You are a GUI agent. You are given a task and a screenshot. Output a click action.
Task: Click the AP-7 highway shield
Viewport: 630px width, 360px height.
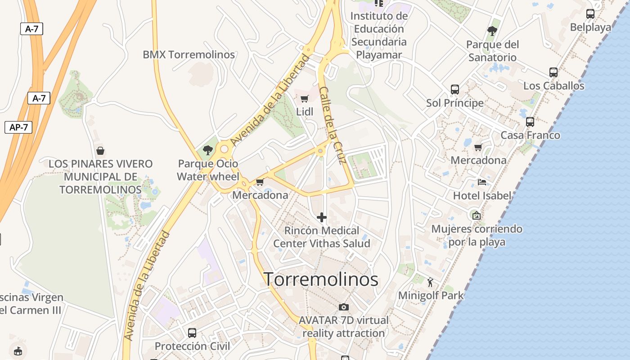pos(18,127)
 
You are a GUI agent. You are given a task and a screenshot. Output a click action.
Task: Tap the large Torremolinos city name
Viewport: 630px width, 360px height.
pos(321,279)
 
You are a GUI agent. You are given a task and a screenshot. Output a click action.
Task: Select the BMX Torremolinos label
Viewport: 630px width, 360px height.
pos(189,55)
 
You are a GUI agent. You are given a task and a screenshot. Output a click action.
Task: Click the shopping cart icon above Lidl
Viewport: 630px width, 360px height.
pos(305,99)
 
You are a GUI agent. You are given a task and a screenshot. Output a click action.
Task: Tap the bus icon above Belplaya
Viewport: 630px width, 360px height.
pos(590,14)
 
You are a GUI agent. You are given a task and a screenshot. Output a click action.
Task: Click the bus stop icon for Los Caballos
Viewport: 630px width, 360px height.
pos(553,72)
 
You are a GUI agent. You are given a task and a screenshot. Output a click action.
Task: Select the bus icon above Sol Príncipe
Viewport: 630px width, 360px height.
pos(455,89)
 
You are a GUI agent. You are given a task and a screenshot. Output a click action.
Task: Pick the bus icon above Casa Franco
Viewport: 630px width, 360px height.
pos(530,121)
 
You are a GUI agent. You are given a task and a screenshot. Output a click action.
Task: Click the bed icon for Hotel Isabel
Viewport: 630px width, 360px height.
pos(482,182)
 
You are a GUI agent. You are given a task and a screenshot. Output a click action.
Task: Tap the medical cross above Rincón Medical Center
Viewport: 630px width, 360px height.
pos(322,218)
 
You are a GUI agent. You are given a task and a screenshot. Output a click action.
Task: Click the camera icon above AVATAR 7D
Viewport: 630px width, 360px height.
pos(344,307)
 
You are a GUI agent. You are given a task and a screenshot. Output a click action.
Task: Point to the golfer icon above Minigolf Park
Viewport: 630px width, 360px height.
pos(431,282)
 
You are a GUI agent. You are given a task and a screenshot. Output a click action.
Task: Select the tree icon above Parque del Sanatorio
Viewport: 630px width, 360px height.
pos(492,31)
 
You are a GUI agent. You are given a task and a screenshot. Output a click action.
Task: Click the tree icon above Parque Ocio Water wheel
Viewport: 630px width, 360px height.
pos(207,150)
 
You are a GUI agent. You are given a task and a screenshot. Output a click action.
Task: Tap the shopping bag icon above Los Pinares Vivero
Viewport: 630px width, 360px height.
pos(100,150)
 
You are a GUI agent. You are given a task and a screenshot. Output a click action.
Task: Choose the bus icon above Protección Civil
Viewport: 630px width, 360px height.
pos(192,333)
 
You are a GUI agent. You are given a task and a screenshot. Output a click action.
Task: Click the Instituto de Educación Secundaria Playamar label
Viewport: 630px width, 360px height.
pos(379,36)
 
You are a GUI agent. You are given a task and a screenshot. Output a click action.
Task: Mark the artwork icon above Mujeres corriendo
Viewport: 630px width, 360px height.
pos(477,215)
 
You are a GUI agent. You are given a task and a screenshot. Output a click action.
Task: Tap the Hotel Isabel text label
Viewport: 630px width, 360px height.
pos(482,196)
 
